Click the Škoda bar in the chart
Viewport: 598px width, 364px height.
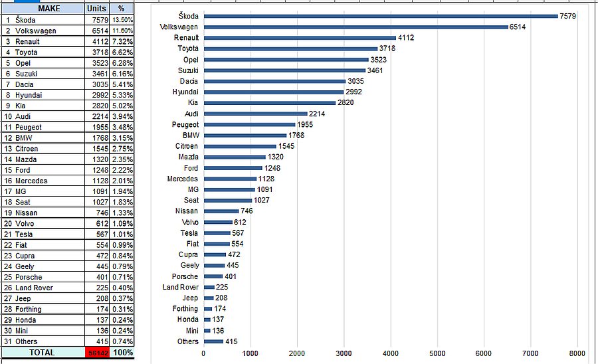[x=380, y=16]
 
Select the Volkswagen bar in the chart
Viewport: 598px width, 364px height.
[x=355, y=27]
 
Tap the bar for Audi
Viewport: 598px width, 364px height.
[x=255, y=114]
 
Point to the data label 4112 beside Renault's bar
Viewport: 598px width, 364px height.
[x=405, y=38]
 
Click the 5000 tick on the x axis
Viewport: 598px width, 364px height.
[x=437, y=353]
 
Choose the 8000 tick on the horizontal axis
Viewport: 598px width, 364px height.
[x=577, y=353]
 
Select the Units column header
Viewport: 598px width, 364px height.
[x=96, y=9]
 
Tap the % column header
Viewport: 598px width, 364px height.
[x=121, y=9]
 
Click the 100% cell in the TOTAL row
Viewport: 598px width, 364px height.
[x=122, y=353]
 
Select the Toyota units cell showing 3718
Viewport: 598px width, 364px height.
[x=98, y=52]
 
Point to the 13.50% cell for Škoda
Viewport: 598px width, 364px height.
[x=122, y=20]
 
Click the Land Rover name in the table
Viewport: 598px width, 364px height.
[x=34, y=288]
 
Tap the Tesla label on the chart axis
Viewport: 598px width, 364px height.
[x=189, y=233]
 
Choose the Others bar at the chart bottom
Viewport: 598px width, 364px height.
[x=213, y=341]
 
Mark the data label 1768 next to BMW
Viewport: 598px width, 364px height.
[x=296, y=136]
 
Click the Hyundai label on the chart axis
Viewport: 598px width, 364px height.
[x=185, y=92]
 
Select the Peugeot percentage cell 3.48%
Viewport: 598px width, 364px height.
[x=122, y=127]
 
